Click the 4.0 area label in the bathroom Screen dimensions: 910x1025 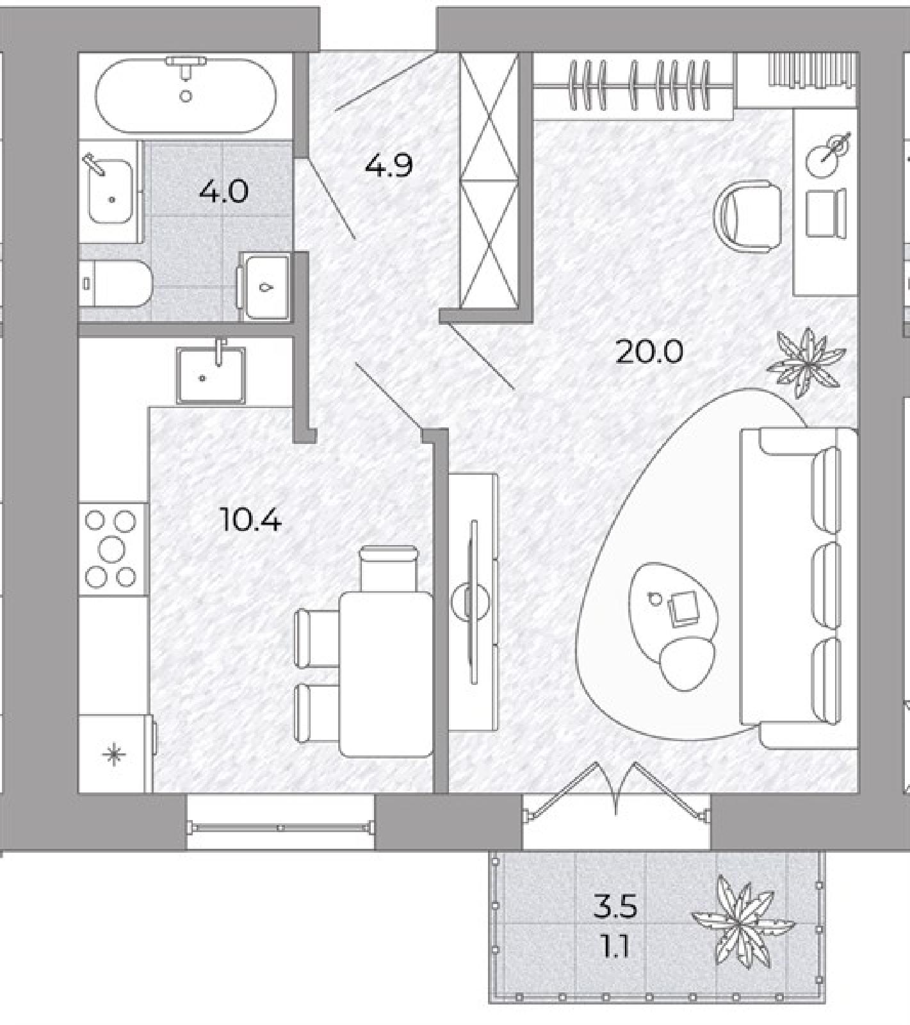point(223,191)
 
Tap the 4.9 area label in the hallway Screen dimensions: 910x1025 point(389,165)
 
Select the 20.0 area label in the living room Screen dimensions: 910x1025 point(649,352)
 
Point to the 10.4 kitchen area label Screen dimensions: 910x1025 point(250,519)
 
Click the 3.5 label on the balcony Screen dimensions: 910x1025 point(615,907)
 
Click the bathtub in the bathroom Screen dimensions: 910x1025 point(186,95)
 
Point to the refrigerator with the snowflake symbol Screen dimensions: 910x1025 point(116,754)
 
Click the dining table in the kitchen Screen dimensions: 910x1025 point(386,674)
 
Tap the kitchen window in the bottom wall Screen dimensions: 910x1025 point(280,827)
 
